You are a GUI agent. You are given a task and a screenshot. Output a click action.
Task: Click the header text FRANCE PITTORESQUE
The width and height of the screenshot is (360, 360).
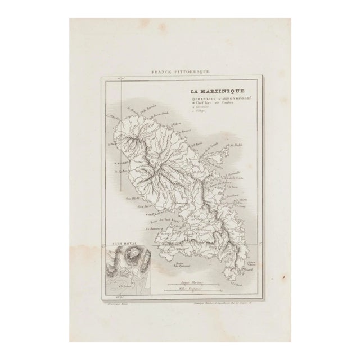pyautogui.click(x=179, y=72)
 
